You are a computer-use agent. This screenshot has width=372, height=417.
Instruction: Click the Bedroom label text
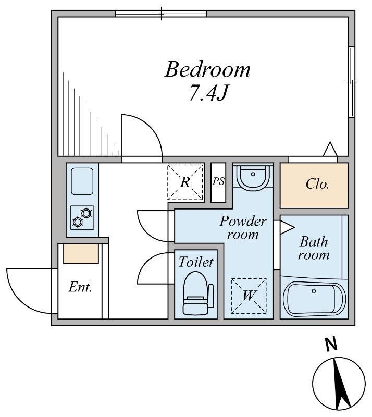tap(207, 70)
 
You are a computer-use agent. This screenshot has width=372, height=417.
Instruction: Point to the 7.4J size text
tap(208, 93)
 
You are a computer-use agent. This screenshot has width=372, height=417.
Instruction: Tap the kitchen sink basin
tap(82, 181)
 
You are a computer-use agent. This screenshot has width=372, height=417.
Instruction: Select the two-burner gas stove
tap(82, 217)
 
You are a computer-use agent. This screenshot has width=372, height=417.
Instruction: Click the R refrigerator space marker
tap(185, 182)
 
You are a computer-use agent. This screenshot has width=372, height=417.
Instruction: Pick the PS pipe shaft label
tap(218, 181)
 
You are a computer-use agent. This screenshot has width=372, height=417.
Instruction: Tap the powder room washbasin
tap(253, 177)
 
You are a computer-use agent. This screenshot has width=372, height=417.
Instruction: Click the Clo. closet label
tap(317, 184)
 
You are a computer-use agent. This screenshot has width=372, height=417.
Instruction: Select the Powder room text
tap(243, 228)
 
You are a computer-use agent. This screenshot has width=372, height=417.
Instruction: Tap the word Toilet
tap(196, 262)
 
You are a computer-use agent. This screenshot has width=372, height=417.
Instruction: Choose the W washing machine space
tap(249, 296)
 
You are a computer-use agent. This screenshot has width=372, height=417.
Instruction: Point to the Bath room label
tap(314, 248)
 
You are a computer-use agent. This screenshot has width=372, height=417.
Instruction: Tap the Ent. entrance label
tap(80, 287)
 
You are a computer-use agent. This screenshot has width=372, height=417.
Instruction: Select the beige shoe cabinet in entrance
tap(81, 254)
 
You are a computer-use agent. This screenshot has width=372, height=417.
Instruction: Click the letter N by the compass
tap(331, 344)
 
